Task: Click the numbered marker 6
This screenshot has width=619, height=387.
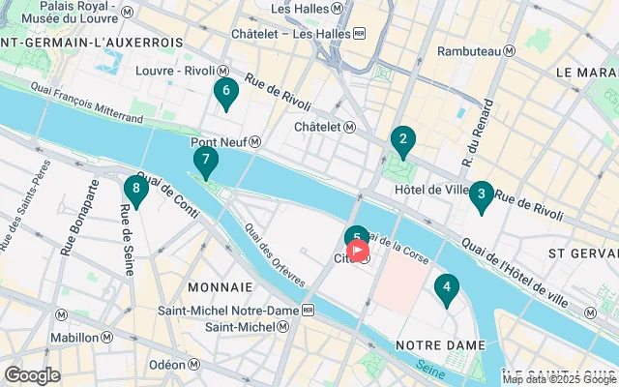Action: [225, 94]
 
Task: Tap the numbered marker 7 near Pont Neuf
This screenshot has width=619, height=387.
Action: [205, 161]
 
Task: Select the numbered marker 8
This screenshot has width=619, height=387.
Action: [136, 190]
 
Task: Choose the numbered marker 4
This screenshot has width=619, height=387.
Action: [446, 287]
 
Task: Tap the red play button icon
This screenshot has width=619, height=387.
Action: [358, 251]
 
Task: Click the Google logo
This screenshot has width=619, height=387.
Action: [33, 374]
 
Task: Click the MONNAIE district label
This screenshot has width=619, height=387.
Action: [220, 287]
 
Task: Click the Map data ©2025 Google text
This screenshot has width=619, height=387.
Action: [559, 379]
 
